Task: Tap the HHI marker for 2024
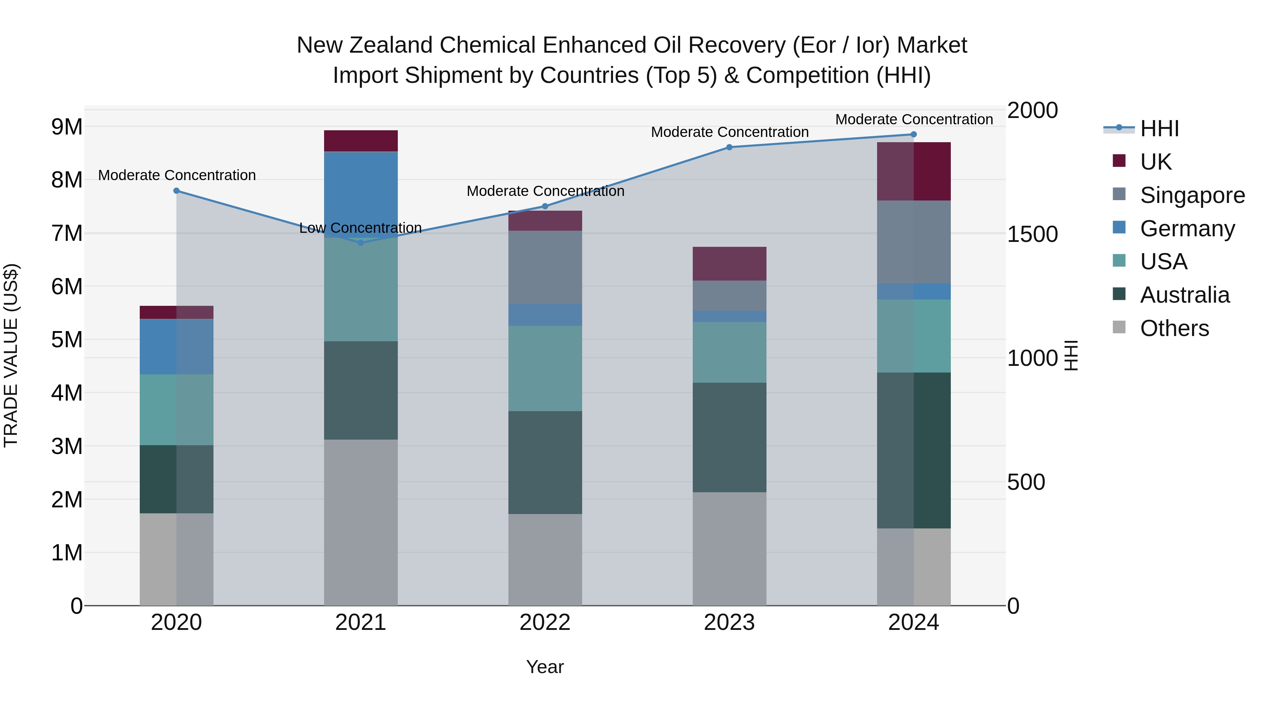click(913, 134)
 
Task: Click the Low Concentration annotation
click(360, 228)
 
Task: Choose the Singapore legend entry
click(1192, 195)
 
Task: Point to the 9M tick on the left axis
click(67, 127)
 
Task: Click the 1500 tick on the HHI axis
click(1032, 235)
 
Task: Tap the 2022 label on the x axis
click(545, 623)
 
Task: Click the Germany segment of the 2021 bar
click(361, 194)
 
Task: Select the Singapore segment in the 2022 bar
click(545, 268)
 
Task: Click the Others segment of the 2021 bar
click(361, 522)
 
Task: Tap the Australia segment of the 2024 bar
click(913, 450)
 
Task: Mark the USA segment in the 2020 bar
click(177, 410)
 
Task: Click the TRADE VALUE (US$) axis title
click(11, 355)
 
